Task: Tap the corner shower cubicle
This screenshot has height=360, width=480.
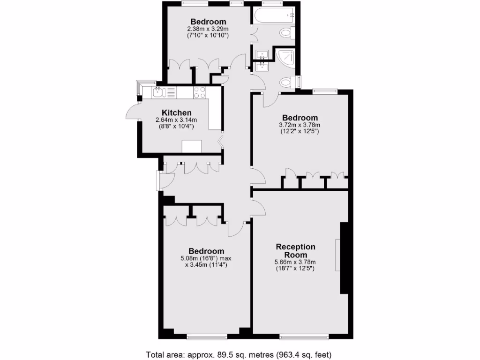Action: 285,57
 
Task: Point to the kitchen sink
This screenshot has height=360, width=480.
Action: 158,92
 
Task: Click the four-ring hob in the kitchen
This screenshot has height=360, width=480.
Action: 200,92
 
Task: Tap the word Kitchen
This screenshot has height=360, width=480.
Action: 176,112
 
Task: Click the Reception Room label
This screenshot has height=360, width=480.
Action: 295,251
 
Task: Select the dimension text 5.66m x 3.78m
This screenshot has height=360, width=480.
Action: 295,262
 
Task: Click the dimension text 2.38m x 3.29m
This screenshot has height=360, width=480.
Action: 208,29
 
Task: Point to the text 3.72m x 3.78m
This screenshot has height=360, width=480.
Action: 300,125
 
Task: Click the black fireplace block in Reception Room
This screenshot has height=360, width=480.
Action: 345,258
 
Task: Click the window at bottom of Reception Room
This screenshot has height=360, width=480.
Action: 304,336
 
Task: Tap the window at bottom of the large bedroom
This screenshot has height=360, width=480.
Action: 206,336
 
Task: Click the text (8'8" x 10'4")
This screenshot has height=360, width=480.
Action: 174,127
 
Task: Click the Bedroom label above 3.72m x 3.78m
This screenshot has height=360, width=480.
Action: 300,118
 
